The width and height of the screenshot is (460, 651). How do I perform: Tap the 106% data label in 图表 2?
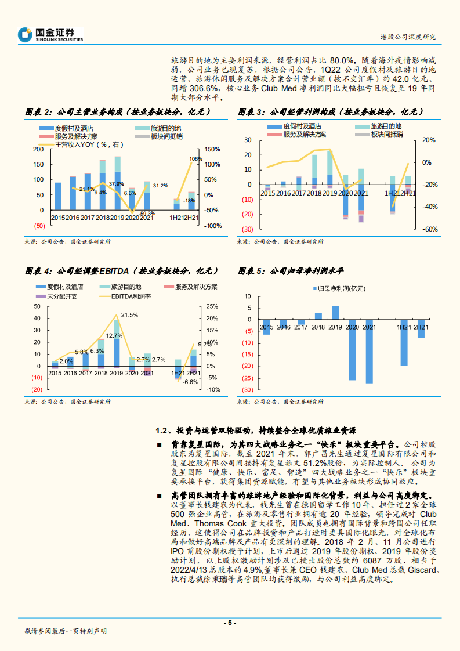click(195, 159)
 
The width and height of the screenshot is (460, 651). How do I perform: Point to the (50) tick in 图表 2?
click(39, 225)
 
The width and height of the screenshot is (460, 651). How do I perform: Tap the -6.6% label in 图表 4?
click(190, 382)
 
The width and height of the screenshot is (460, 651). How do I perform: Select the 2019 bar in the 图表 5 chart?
click(335, 313)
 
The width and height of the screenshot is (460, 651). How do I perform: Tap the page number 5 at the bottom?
click(230, 623)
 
